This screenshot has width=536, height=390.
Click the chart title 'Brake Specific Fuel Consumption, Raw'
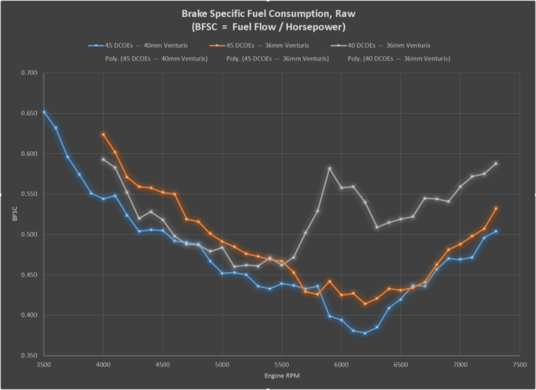268,14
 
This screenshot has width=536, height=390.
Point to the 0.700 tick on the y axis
28,74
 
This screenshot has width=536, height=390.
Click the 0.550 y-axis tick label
28,195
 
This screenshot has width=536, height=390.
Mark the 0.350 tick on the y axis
28,356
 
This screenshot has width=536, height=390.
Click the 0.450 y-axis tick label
28,275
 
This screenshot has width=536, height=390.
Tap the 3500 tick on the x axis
44,366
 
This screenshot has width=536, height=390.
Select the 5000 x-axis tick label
223,366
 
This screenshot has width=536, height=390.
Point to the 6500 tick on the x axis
401,366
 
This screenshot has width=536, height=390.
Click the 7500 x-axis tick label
519,366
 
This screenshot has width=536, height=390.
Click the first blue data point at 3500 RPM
44,111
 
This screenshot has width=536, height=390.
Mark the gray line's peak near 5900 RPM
330,168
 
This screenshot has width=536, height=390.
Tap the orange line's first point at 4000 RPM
104,134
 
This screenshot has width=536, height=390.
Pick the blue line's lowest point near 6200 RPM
365,333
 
